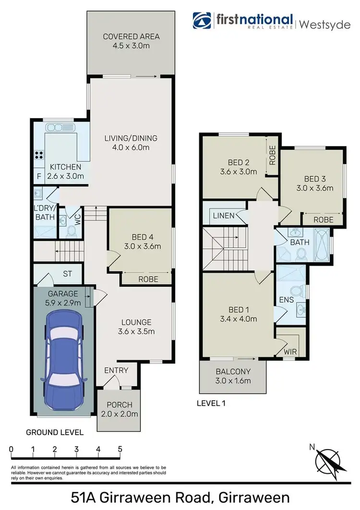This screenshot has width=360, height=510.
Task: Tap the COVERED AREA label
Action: tap(131, 36)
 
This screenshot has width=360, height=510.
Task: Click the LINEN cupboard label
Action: tap(223, 216)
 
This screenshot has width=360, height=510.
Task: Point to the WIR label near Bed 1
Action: tap(290, 352)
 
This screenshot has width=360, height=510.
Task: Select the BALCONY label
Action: tap(233, 371)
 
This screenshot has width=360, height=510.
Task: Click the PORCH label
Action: tap(119, 405)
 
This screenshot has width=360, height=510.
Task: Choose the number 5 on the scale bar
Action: tap(120, 450)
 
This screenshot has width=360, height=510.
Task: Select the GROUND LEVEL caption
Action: tap(55, 432)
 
